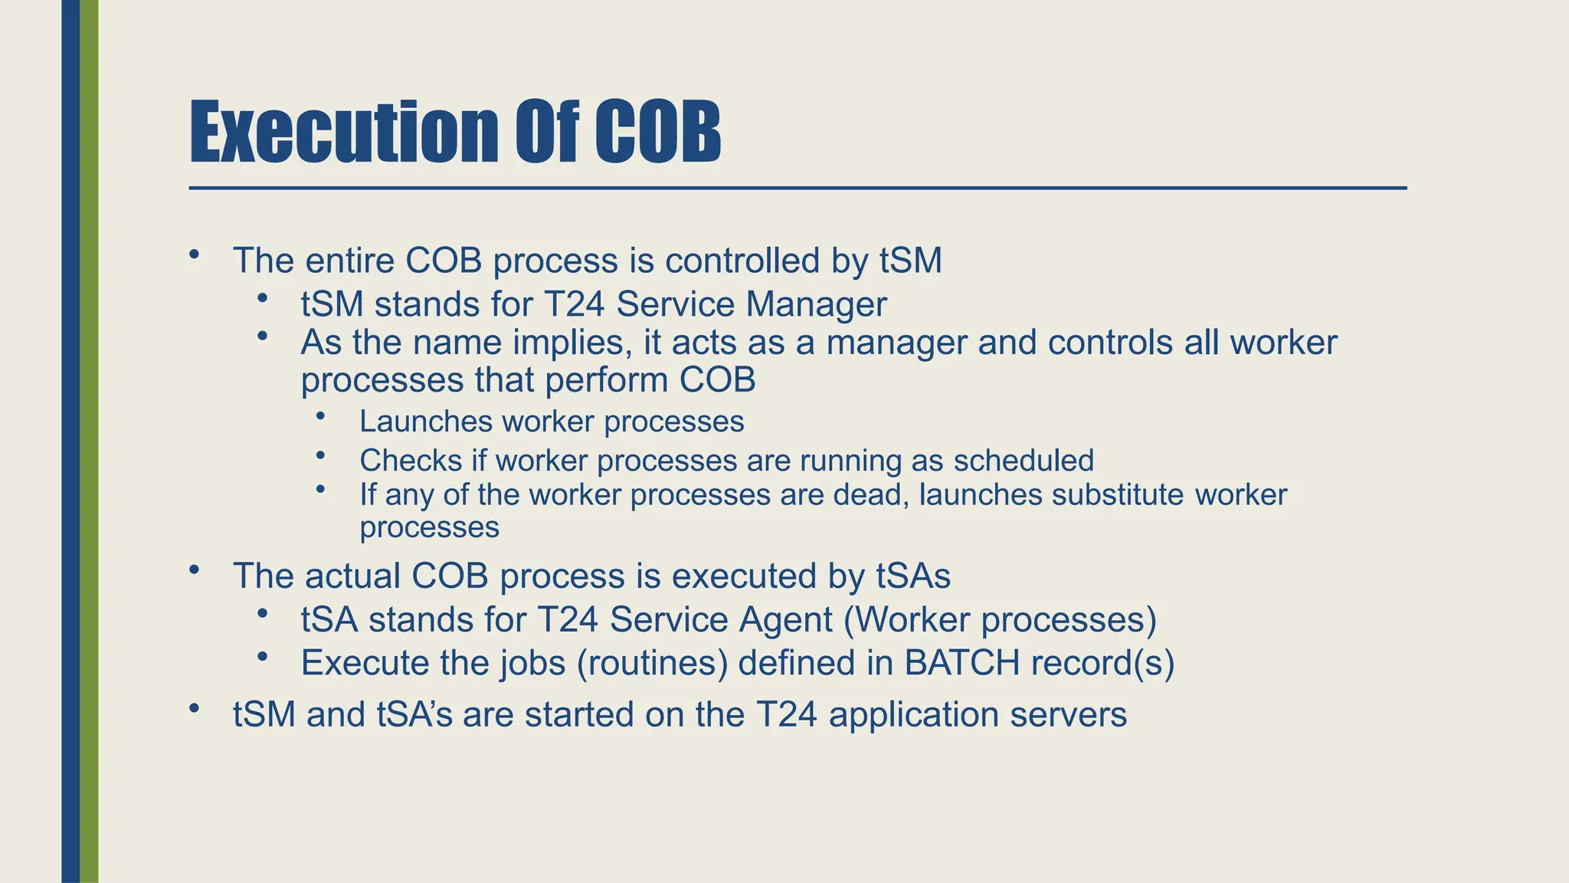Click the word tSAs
click(913, 576)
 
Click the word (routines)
click(651, 664)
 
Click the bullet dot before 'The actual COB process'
click(195, 570)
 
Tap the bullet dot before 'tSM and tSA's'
click(195, 708)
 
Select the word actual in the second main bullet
click(353, 576)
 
